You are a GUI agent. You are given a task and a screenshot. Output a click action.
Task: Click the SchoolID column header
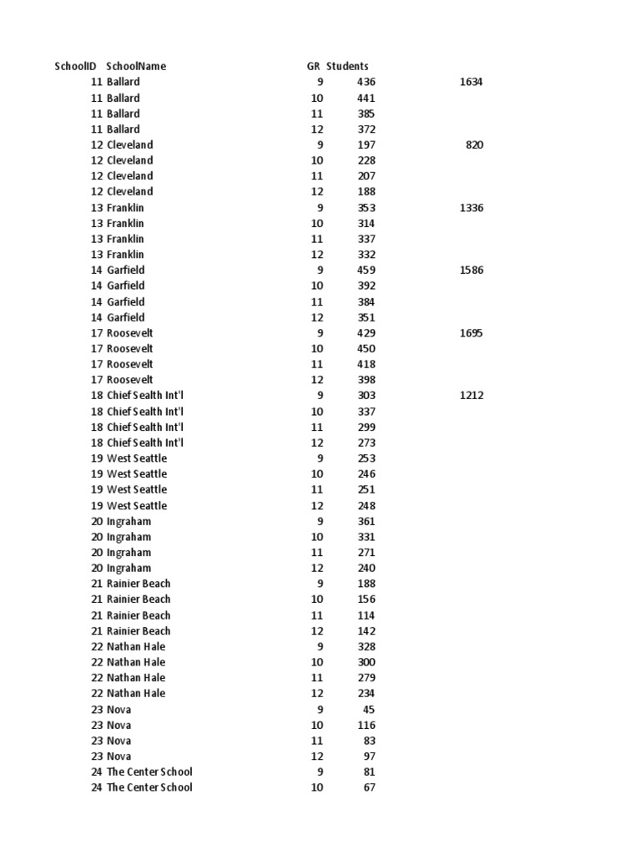click(75, 66)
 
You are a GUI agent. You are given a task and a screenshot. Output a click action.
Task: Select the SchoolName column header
click(136, 66)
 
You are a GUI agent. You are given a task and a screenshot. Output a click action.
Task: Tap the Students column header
click(347, 66)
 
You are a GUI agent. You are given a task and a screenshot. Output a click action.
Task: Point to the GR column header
click(313, 66)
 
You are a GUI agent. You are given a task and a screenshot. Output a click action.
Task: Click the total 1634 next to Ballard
click(471, 82)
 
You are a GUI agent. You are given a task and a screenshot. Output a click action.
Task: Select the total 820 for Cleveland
click(474, 144)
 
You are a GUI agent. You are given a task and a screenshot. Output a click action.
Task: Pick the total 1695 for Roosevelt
click(471, 333)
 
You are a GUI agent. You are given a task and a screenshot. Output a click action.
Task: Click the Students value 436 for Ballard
click(366, 82)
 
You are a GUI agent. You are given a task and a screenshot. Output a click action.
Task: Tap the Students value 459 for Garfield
click(366, 270)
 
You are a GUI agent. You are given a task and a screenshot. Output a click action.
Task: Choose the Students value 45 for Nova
click(369, 710)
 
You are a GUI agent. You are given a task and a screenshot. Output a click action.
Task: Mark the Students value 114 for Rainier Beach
click(366, 615)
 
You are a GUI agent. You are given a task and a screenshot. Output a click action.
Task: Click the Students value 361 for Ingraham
click(366, 521)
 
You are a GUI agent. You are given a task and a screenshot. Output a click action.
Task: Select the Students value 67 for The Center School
click(369, 787)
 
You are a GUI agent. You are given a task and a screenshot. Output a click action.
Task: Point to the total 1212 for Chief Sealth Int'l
click(471, 395)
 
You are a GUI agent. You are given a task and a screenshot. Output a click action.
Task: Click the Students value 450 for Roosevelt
click(366, 348)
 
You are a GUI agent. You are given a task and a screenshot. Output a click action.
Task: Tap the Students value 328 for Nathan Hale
click(366, 646)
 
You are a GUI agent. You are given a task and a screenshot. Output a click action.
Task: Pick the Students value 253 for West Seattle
click(366, 458)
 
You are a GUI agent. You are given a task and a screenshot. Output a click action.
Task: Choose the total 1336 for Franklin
click(471, 207)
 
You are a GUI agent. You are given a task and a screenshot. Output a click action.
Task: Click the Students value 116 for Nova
click(366, 725)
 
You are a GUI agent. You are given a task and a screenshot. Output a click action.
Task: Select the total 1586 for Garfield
click(471, 270)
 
